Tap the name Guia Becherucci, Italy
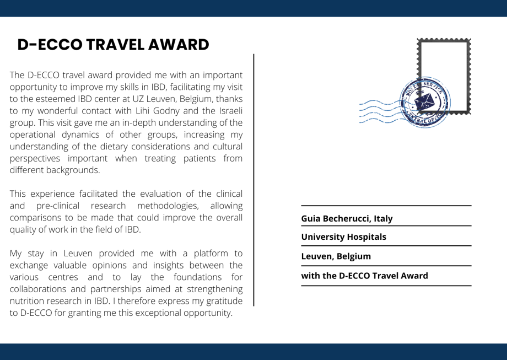tap(347, 218)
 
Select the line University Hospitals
tap(343, 237)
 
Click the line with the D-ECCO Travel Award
tap(364, 276)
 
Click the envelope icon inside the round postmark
tap(425, 101)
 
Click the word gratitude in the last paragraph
tap(222, 301)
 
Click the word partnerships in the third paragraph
tap(125, 289)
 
